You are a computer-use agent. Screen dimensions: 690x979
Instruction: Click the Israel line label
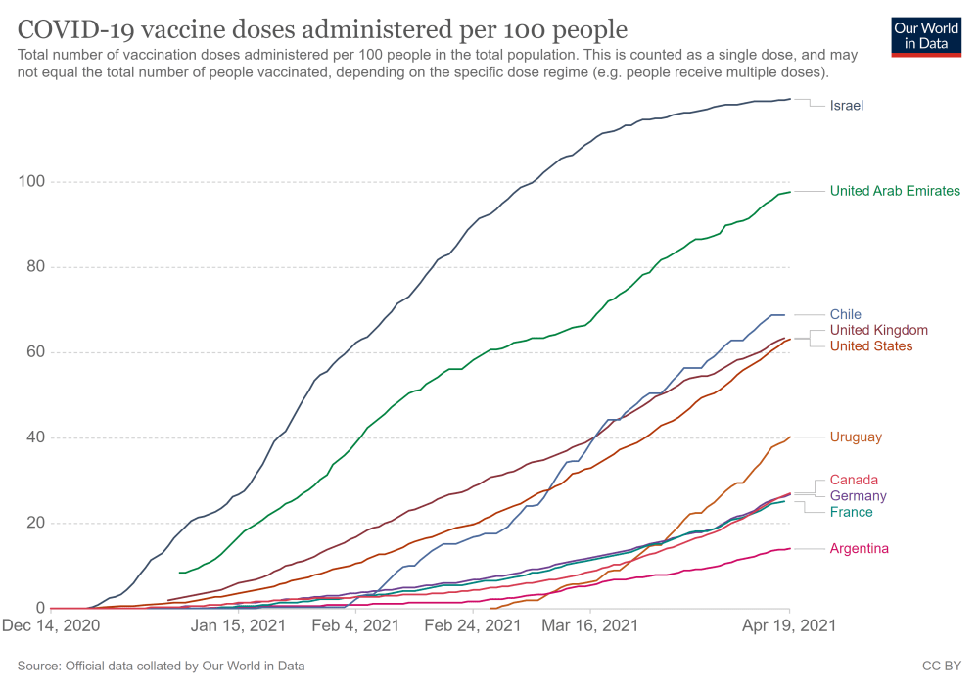(x=846, y=105)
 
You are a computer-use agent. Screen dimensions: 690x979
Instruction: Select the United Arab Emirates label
(x=895, y=191)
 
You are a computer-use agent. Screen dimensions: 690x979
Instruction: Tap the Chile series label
(x=845, y=314)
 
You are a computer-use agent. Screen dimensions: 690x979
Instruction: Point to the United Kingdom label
(x=878, y=330)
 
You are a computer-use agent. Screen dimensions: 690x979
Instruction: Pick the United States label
(x=870, y=345)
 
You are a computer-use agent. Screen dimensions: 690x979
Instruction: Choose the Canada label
(x=854, y=480)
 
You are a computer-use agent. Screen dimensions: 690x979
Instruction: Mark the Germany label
(x=858, y=496)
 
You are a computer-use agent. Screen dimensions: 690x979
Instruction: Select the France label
(x=851, y=512)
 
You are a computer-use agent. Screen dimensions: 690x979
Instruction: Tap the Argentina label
(x=859, y=548)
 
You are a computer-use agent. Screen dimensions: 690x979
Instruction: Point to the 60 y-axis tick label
(x=34, y=352)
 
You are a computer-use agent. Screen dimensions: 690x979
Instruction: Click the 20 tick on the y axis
(x=34, y=523)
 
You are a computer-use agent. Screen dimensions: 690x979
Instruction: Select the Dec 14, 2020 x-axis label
(x=51, y=624)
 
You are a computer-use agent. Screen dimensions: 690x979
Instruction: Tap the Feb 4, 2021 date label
(x=354, y=624)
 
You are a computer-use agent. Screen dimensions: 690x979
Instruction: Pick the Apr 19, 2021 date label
(x=789, y=624)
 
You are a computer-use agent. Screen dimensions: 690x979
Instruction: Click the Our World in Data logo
(x=925, y=36)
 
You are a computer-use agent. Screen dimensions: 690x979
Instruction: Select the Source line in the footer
(x=161, y=666)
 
